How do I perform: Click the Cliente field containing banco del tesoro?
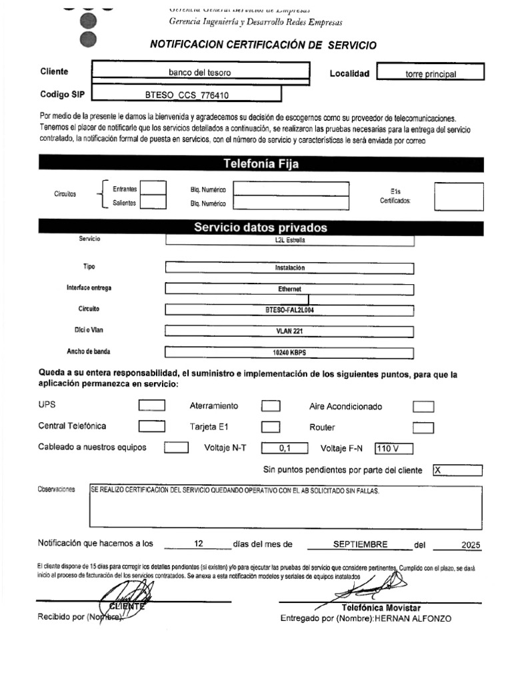pyautogui.click(x=199, y=72)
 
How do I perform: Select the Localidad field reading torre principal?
pyautogui.click(x=431, y=73)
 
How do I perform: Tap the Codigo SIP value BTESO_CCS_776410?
pyautogui.click(x=187, y=95)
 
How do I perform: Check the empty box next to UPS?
pyautogui.click(x=151, y=405)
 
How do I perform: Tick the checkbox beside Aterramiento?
pyautogui.click(x=270, y=406)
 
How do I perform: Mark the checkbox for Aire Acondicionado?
pyautogui.click(x=423, y=406)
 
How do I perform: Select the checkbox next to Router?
pyautogui.click(x=423, y=428)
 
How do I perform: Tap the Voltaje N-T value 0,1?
pyautogui.click(x=285, y=448)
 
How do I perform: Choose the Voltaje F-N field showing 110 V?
pyautogui.click(x=394, y=448)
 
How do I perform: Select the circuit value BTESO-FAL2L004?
pyautogui.click(x=289, y=309)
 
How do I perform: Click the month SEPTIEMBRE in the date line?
pyautogui.click(x=360, y=544)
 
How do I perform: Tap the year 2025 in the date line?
pyautogui.click(x=470, y=545)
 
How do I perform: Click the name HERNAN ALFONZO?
pyautogui.click(x=413, y=618)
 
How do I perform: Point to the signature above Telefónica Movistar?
pyautogui.click(x=373, y=587)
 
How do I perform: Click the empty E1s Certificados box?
pyautogui.click(x=459, y=196)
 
